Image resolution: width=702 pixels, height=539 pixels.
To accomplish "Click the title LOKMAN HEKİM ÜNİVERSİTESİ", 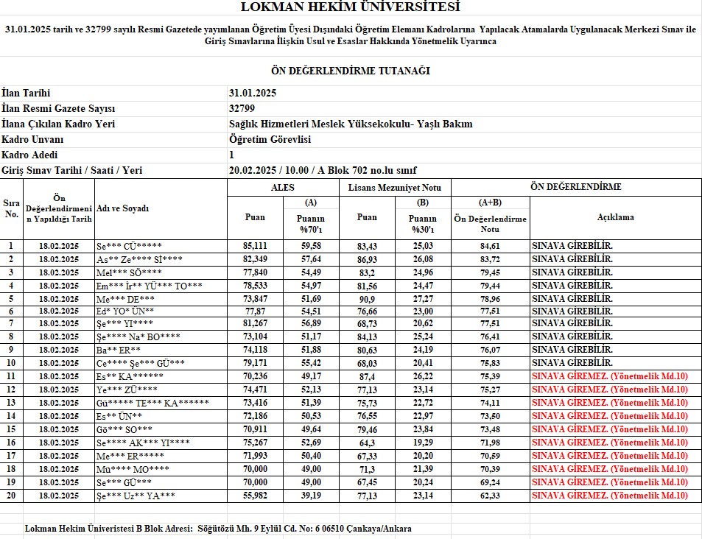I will coord(350,7).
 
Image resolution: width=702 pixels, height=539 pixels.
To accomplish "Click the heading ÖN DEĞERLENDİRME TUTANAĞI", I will coord(351,71).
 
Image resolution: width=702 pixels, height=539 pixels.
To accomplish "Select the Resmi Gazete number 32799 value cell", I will coord(242,108).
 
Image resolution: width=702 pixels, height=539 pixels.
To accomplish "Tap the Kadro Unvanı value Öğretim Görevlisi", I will coord(270,139).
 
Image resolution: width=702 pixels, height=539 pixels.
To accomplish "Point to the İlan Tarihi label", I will coord(27,93).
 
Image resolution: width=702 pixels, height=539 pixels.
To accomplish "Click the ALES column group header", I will coord(283,187).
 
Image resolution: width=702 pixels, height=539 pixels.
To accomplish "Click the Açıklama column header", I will coord(615,217).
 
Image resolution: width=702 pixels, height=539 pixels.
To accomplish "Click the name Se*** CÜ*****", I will coord(130,246).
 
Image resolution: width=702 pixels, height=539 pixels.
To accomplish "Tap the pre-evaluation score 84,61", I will coord(490,246).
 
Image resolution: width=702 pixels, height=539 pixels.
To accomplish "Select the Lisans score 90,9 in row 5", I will coord(367,298).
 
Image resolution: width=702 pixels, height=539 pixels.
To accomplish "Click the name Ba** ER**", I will coord(119,350).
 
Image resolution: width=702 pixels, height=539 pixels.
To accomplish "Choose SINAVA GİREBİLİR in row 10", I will coord(572,363).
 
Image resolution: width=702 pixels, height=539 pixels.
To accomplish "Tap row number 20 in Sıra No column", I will coord(11,496).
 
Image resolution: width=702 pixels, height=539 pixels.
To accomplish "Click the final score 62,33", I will coord(490,496).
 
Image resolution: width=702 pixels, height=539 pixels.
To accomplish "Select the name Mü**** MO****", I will coord(133,469).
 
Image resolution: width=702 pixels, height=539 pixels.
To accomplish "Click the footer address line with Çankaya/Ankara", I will coord(218,529).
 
